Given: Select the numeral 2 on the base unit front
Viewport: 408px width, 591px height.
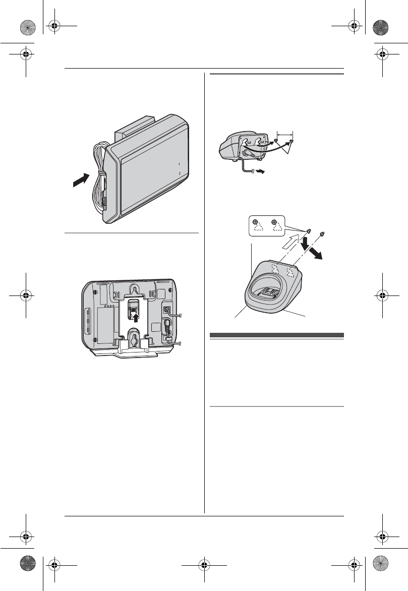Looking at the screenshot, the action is coord(180,173).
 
